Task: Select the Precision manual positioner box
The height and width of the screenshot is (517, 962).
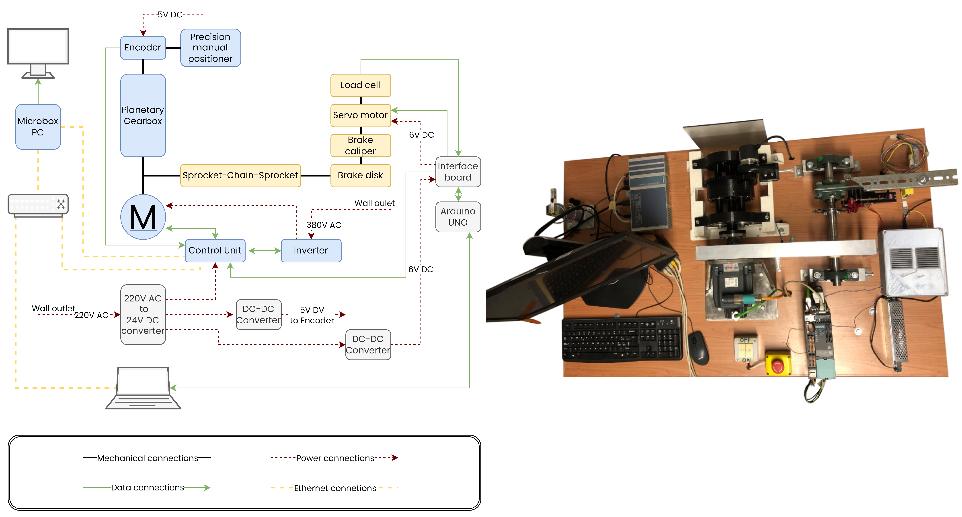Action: click(x=210, y=48)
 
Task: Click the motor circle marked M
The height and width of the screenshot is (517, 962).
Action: click(x=143, y=217)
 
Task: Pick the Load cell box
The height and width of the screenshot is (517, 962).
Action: click(x=360, y=85)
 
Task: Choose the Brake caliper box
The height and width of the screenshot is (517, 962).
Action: click(x=360, y=145)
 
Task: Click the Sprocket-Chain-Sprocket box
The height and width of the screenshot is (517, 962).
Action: click(x=240, y=175)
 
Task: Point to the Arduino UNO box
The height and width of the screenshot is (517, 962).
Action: click(x=458, y=217)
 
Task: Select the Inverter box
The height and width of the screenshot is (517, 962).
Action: click(x=311, y=250)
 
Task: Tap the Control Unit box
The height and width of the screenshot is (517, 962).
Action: click(x=215, y=250)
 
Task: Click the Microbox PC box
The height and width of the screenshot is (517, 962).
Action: click(x=38, y=127)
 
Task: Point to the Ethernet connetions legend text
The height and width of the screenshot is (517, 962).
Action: click(x=335, y=488)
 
